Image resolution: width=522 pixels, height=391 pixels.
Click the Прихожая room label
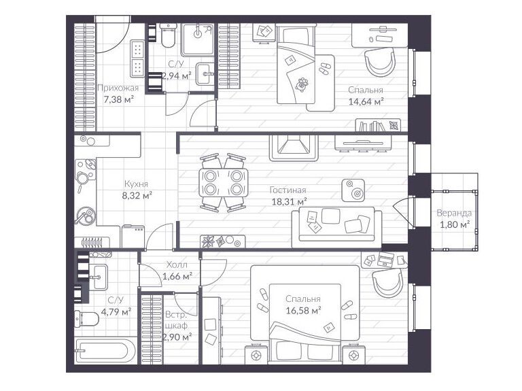[118, 88]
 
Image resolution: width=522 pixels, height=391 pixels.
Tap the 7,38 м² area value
[118, 99]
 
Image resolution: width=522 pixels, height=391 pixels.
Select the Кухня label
[136, 184]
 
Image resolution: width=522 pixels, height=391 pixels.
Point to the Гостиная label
[288, 190]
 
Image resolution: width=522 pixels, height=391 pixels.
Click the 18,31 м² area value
[289, 201]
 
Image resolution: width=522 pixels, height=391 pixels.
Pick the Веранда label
[454, 213]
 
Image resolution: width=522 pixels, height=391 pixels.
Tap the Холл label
[177, 265]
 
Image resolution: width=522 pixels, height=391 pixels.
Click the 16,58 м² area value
[303, 310]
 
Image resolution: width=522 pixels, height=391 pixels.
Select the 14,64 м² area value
[366, 101]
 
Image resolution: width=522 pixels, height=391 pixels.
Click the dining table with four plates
[224, 182]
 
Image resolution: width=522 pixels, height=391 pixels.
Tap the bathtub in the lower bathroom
[105, 351]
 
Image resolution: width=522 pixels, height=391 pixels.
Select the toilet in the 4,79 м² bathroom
[86, 319]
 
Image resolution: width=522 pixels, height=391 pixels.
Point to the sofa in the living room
[337, 227]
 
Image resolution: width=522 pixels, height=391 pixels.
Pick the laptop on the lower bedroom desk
[385, 259]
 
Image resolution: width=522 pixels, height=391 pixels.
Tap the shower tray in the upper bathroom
[197, 39]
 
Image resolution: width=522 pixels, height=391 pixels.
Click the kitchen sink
[85, 216]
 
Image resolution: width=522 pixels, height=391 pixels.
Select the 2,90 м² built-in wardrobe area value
[177, 337]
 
